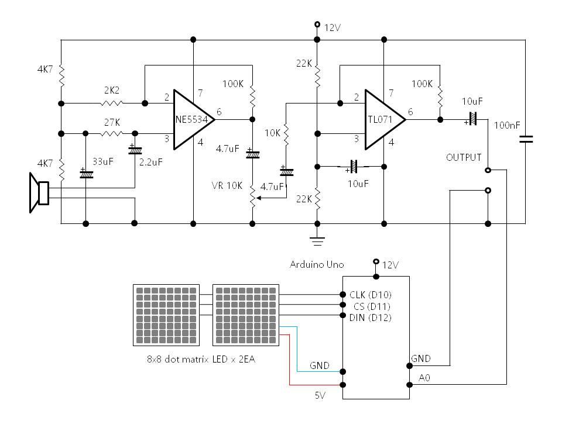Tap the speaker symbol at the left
pos(40,193)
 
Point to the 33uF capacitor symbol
pos(86,173)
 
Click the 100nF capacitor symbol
pos(525,139)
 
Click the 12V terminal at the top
pos(317,25)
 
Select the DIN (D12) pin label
pos(370,317)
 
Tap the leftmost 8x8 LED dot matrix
pos(166,315)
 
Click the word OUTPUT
pos(464,157)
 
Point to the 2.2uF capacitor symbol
pos(135,150)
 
